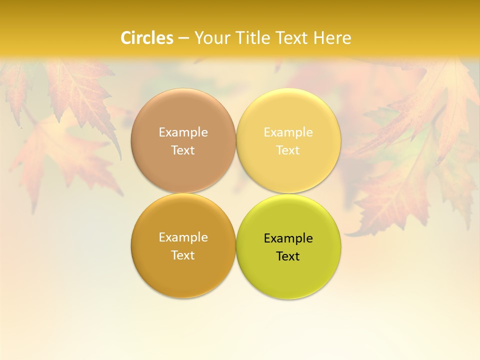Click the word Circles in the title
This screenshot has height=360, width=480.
(x=147, y=38)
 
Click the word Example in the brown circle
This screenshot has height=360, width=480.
(x=183, y=132)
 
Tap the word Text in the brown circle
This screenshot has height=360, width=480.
(x=183, y=150)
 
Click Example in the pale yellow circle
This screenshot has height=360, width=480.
(x=288, y=132)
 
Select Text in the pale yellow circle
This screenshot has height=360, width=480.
(x=288, y=150)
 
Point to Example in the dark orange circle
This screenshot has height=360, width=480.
(x=183, y=237)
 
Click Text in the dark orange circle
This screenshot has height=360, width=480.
(x=183, y=255)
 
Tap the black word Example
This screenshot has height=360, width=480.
(x=288, y=238)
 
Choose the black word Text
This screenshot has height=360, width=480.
(x=288, y=256)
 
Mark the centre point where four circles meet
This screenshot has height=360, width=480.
(x=236, y=193)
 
